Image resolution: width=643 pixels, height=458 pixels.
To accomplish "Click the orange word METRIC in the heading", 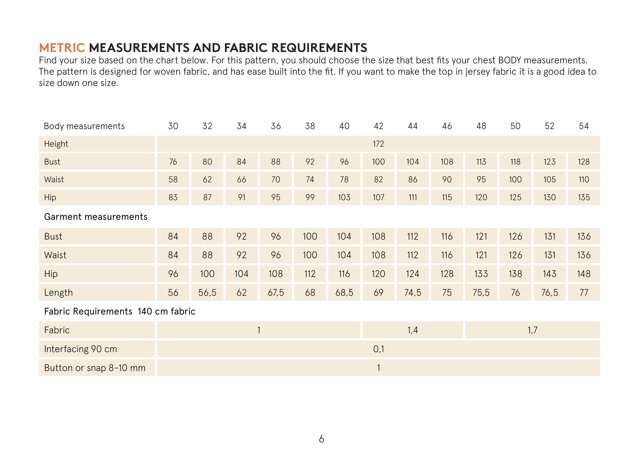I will pyautogui.click(x=62, y=48).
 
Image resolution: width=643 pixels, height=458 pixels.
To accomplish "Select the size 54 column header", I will pyautogui.click(x=584, y=126).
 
